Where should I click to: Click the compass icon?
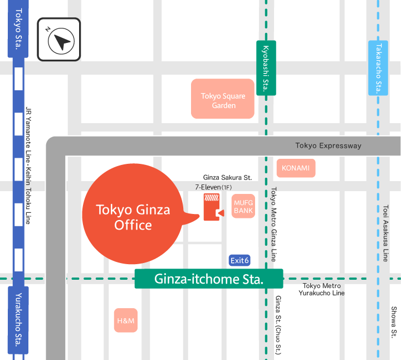(x=59, y=40)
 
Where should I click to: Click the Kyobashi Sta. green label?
(x=266, y=68)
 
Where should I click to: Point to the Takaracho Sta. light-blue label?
(x=378, y=68)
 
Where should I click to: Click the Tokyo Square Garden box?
(x=223, y=99)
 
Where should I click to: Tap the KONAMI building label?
(x=296, y=168)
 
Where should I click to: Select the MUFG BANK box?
(x=243, y=207)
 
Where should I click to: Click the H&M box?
(x=126, y=320)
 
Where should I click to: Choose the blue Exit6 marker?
(x=239, y=260)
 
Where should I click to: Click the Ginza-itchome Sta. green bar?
(x=209, y=279)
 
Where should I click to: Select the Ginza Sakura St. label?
(x=227, y=177)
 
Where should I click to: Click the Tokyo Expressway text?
(x=328, y=146)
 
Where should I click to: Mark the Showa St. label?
(x=394, y=323)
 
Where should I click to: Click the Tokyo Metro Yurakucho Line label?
(x=322, y=289)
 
